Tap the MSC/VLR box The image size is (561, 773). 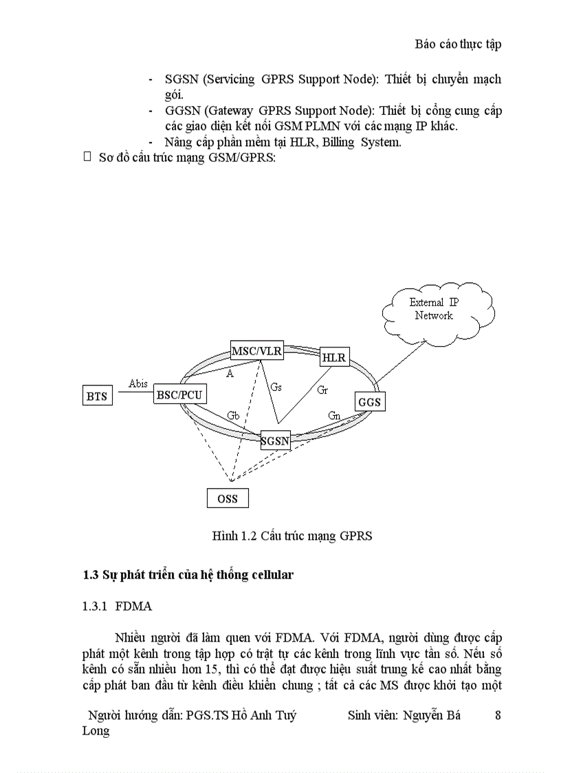256,351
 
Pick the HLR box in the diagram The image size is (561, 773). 334,358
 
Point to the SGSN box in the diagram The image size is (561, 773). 276,441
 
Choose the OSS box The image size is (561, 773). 228,498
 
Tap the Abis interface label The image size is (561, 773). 138,383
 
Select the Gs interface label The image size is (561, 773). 276,388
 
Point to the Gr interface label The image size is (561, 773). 322,390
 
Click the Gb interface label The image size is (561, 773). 233,415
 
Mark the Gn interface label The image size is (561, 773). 334,416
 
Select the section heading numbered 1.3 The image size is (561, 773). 188,575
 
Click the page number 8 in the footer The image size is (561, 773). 498,715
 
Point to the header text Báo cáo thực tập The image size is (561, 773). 458,44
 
